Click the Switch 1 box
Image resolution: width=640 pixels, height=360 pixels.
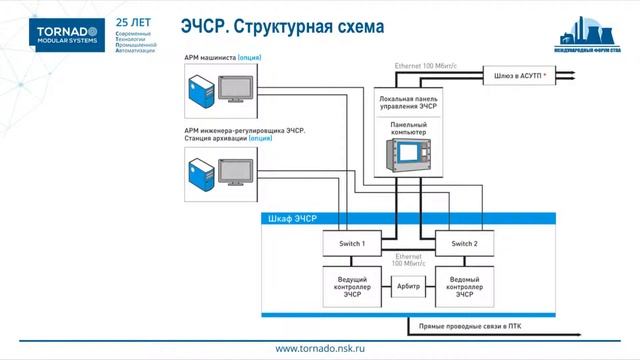[350, 244]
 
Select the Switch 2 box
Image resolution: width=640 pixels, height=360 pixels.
[464, 244]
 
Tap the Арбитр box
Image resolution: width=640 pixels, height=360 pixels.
[408, 286]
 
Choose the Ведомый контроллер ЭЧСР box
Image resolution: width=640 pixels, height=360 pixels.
[464, 285]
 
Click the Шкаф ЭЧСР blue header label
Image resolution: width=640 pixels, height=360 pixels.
[292, 219]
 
